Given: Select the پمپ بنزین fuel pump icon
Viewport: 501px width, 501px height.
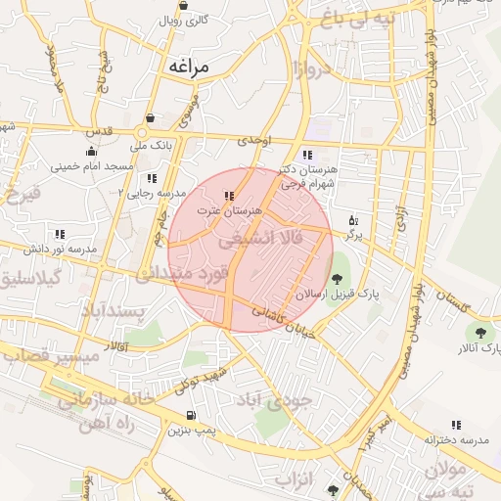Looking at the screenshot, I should pyautogui.click(x=189, y=415).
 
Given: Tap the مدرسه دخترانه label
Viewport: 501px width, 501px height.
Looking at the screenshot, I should pyautogui.click(x=455, y=441).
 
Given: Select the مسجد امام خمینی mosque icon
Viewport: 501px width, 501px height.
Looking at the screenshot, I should pyautogui.click(x=91, y=152).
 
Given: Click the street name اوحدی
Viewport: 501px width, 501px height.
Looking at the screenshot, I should pyautogui.click(x=252, y=141).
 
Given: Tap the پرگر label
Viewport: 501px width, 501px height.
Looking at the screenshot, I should pyautogui.click(x=353, y=236).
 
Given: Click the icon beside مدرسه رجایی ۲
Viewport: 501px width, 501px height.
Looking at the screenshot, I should pyautogui.click(x=151, y=178).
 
